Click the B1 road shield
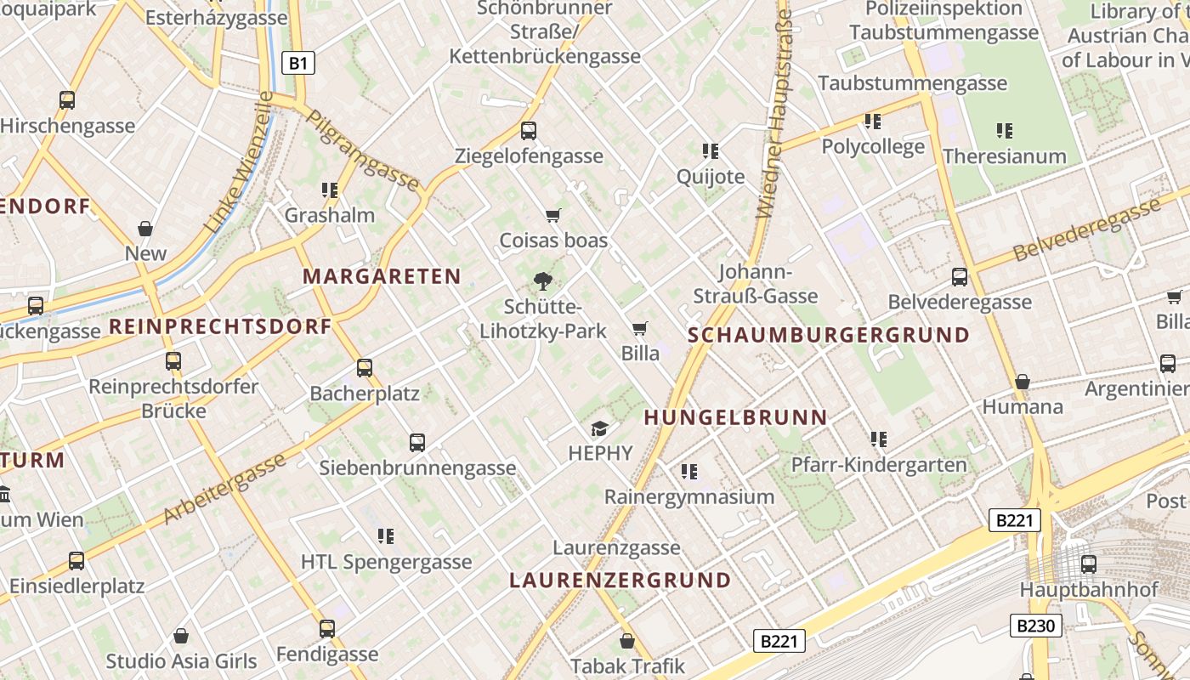297,63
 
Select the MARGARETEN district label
382,276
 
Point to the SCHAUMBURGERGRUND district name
829,335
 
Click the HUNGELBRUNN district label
735,417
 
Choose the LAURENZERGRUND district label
620,581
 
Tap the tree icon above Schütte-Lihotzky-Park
542,280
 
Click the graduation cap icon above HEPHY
600,428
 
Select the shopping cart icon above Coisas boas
553,215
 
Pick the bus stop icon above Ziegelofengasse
529,131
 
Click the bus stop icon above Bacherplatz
365,368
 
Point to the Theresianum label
1004,156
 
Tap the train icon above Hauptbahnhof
1088,564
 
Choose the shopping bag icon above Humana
1023,382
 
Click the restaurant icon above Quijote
711,151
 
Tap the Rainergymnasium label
689,496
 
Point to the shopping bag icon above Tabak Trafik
627,641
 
